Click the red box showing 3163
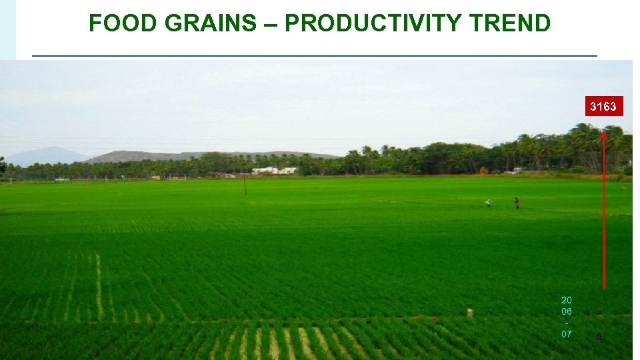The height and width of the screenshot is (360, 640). (x=604, y=106)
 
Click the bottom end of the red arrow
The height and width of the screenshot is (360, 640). (x=604, y=287)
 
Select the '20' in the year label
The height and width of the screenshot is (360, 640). (x=566, y=300)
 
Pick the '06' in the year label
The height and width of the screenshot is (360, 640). (x=566, y=311)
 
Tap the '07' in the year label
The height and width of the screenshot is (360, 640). (x=566, y=334)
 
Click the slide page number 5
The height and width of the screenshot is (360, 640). (x=599, y=337)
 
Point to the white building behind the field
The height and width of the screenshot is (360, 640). (x=274, y=171)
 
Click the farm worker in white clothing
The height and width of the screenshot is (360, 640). (x=489, y=203)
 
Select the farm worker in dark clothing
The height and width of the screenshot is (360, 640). (x=516, y=202)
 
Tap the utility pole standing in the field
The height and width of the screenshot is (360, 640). (x=245, y=183)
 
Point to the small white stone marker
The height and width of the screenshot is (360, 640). (x=470, y=313)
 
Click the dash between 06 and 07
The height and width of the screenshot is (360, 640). (x=566, y=323)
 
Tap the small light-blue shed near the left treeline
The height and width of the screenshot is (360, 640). (x=62, y=179)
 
